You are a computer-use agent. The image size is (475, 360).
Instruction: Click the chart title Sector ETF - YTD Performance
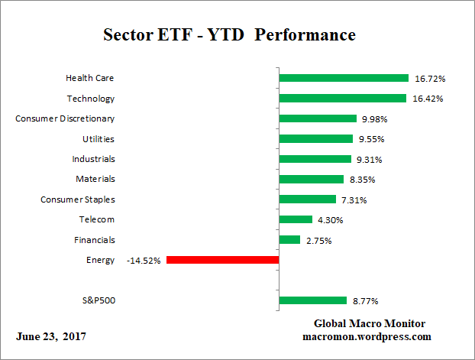click(229, 36)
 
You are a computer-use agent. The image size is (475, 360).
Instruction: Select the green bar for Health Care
click(344, 78)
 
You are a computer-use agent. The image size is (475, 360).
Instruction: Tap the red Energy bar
click(222, 260)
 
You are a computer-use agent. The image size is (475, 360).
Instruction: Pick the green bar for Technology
click(342, 98)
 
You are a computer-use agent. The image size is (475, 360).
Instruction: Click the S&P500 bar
click(313, 300)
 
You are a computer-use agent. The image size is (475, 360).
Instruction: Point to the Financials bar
click(289, 240)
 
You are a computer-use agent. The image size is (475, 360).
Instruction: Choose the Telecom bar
click(296, 219)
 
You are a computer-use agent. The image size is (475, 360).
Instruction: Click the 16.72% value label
click(430, 78)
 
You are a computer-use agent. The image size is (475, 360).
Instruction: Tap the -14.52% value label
click(144, 260)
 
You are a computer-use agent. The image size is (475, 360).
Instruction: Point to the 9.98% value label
click(375, 118)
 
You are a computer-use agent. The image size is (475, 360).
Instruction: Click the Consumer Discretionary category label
click(66, 118)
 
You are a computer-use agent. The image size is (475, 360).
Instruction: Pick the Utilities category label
click(99, 138)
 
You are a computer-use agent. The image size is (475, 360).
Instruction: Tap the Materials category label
click(95, 179)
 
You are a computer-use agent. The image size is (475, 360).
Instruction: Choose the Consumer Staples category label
click(78, 199)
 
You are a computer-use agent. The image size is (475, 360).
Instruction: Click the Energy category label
click(101, 260)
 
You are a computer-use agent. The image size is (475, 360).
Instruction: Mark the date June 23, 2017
click(51, 337)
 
